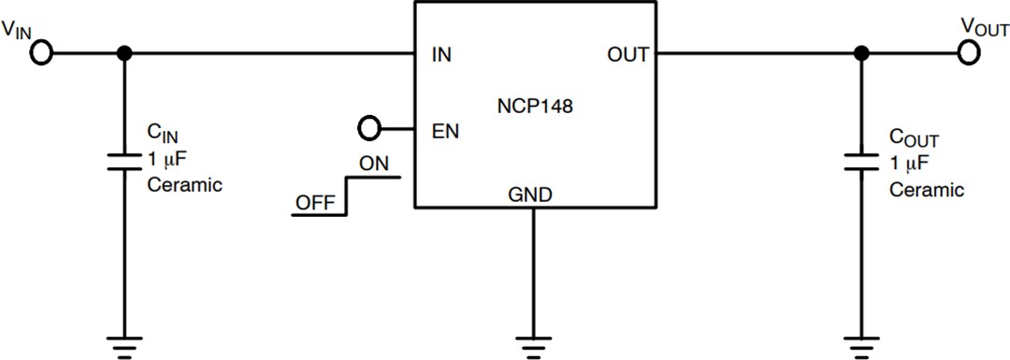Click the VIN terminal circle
click(x=40, y=53)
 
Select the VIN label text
click(x=20, y=29)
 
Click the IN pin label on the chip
click(x=442, y=54)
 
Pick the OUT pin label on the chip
click(x=628, y=54)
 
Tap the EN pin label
click(x=445, y=130)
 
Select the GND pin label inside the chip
click(x=530, y=195)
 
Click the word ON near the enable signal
click(x=374, y=163)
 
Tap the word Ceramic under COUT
click(x=926, y=190)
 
